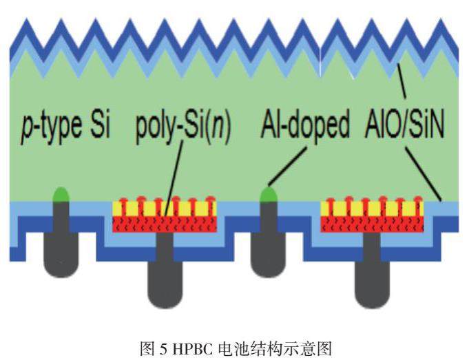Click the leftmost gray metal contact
click(61, 241)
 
